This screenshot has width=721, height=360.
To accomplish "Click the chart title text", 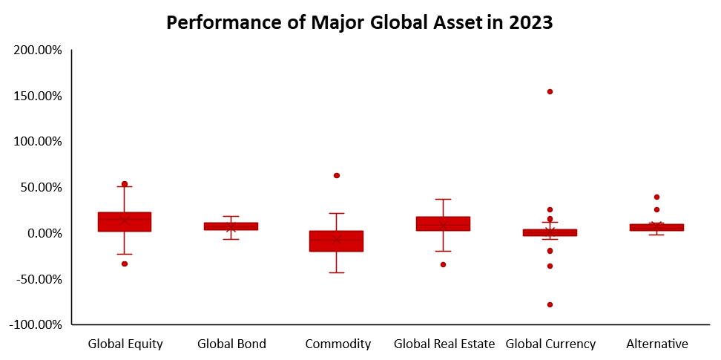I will (x=360, y=22).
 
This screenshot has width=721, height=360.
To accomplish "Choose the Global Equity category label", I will (x=125, y=344).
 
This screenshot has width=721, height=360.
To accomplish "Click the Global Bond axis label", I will (x=231, y=344).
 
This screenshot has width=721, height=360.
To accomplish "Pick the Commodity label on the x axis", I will (x=338, y=344).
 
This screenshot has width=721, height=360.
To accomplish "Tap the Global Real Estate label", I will (x=444, y=344).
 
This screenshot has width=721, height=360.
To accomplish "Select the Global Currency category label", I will (x=550, y=344).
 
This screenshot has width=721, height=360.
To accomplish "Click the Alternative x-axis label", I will (x=656, y=344).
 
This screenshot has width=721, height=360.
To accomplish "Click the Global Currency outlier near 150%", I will (x=550, y=91).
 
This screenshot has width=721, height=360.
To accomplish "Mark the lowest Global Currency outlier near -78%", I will (x=550, y=304).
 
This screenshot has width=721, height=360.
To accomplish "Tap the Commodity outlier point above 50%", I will (x=337, y=175).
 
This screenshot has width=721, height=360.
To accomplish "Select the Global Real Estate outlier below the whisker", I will (x=444, y=264).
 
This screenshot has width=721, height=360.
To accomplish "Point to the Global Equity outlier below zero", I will (x=125, y=264).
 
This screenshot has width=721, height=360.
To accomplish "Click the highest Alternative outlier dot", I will (x=656, y=197).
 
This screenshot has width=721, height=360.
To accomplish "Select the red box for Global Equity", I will (x=125, y=222).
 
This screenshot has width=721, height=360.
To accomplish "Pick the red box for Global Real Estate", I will (x=444, y=223).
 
